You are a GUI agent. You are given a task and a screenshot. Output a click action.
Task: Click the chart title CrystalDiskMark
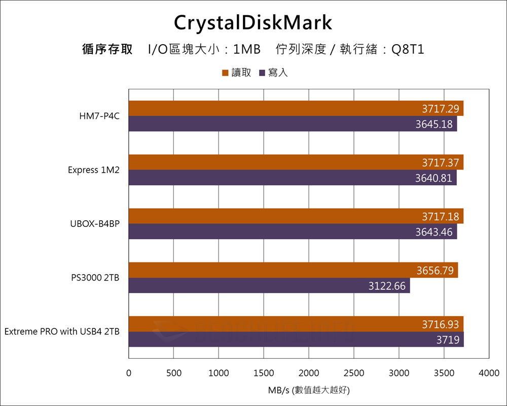pos(253,23)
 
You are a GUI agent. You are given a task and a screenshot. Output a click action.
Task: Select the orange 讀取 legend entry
pos(236,73)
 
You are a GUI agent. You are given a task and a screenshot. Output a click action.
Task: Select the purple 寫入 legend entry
pos(273,73)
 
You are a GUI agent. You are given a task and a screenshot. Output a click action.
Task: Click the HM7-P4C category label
pos(99,116)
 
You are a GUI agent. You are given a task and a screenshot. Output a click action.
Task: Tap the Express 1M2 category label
pos(94,170)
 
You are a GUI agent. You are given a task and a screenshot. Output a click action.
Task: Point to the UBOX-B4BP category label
pos(95,224)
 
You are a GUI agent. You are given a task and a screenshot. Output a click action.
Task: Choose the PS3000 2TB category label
pos(95,278)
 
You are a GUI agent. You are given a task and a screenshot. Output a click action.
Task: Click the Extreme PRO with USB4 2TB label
pos(62,331)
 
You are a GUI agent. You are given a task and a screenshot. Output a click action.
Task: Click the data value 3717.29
pos(440,109)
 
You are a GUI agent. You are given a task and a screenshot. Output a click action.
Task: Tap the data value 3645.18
pos(434,124)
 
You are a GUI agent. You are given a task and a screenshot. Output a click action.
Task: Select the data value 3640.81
pos(433,178)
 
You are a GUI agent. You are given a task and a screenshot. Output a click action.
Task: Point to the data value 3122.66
pos(387,286)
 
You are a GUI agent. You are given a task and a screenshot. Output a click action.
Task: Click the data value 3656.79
pos(435,270)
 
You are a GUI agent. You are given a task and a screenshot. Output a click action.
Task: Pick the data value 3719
pos(448,340)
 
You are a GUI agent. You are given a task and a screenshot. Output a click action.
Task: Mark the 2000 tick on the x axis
pos(309,373)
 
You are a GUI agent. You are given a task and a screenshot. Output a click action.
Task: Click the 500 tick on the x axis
pos(173,373)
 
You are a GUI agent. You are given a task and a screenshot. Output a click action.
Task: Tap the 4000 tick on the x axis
pos(489,373)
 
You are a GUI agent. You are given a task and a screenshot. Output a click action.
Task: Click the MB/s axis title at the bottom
pos(309,391)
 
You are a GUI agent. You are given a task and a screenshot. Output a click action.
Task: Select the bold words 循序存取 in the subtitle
pos(107,50)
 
